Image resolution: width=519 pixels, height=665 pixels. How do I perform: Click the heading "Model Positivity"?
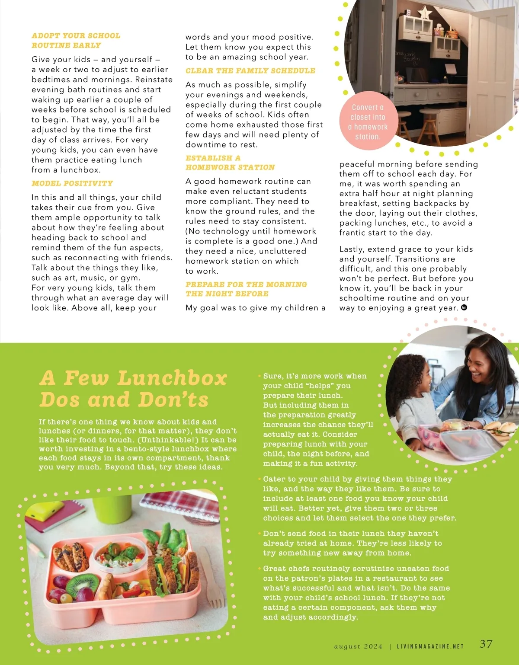72,183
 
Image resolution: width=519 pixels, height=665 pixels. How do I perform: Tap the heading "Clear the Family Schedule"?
250,70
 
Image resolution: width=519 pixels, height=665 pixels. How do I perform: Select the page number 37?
486,643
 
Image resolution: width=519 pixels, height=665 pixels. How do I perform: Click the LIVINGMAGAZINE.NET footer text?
430,646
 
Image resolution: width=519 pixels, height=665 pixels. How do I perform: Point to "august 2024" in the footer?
359,646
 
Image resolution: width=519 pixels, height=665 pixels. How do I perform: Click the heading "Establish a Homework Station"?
230,163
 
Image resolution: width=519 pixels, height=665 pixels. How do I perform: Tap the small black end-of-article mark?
464,307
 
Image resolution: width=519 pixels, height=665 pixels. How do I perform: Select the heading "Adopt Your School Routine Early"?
76,40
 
